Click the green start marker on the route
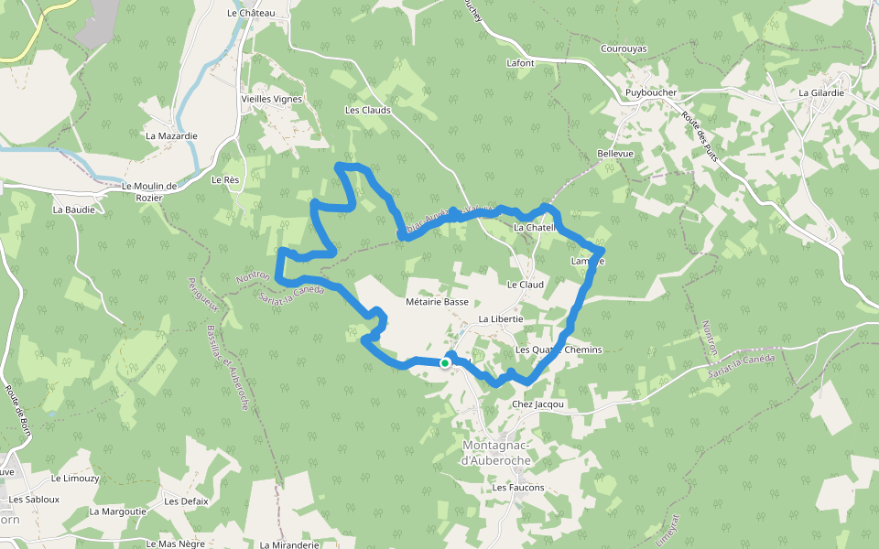pos(444,363)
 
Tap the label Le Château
pos(251,14)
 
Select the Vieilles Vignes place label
pos(271,99)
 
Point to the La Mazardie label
pos(171,135)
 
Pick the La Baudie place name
pos(73,210)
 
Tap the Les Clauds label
pos(367,110)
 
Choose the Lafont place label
pos(520,63)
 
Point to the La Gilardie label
pos(821,93)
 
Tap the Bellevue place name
pos(614,154)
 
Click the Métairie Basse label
pos(437,301)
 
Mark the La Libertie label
pos(500,318)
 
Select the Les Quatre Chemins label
pos(559,350)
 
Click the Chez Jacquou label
pos(538,404)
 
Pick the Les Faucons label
pos(517,488)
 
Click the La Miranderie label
pos(289,544)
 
